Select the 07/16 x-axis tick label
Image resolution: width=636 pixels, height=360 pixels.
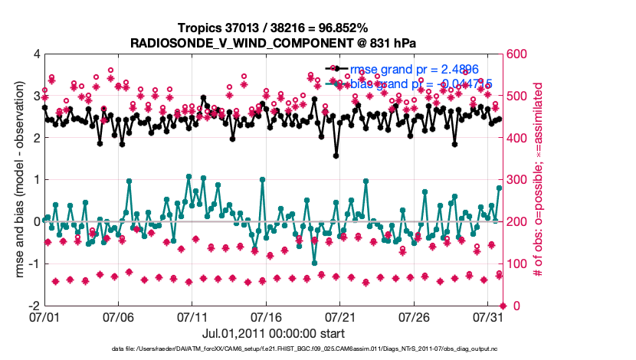coord(267,316)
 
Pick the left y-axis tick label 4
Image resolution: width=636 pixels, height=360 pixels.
coord(35,54)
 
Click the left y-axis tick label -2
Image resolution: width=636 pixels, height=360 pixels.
coord(33,306)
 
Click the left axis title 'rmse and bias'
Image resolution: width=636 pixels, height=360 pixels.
coord(16,180)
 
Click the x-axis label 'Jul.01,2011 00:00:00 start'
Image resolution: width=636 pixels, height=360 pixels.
coord(273,333)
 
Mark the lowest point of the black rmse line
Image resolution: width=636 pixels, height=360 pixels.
coord(336,155)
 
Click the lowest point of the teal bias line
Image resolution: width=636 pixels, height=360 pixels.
coord(314,263)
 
